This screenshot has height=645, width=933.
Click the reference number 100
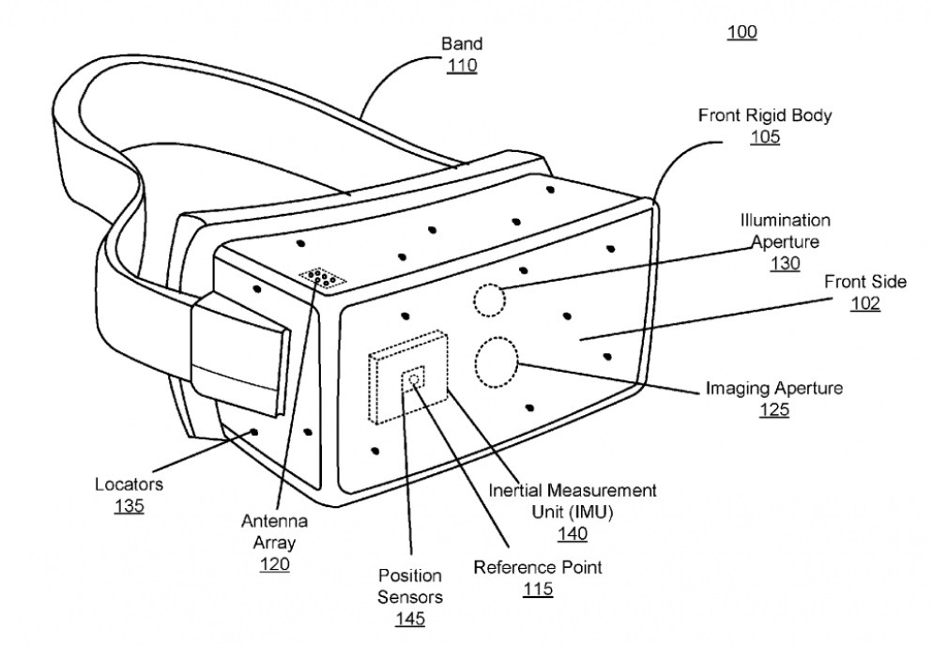tap(742, 33)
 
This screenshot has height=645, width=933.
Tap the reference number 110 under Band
tap(462, 66)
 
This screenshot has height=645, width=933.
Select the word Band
tap(462, 44)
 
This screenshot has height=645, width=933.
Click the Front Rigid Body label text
tap(765, 115)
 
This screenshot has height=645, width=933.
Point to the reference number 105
tap(765, 137)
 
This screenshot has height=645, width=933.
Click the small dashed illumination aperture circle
tap(488, 300)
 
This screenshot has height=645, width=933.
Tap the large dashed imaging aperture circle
tap(497, 362)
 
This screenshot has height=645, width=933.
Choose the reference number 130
tap(785, 264)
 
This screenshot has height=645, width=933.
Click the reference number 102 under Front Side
tap(864, 304)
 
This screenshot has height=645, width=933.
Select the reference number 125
tap(774, 409)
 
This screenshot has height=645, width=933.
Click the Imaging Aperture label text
tap(774, 388)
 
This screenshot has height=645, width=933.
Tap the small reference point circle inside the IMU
tap(412, 380)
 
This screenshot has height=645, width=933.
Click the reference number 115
tap(538, 590)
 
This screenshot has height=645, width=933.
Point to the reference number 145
tap(409, 619)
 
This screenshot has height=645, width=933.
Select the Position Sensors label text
tap(409, 586)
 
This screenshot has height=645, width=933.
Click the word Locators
tap(129, 485)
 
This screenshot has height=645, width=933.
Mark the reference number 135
tap(129, 507)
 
